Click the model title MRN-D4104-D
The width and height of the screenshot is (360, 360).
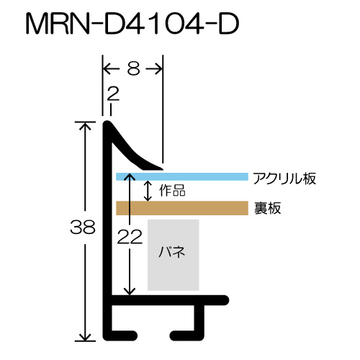click(132, 24)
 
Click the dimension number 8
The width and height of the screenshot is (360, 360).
click(133, 68)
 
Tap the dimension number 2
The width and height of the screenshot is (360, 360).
click(113, 94)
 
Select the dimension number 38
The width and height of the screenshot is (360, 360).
click(83, 227)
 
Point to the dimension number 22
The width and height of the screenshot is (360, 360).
click(130, 237)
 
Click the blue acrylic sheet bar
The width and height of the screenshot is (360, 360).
click(182, 176)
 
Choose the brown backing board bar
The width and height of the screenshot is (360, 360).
click(182, 208)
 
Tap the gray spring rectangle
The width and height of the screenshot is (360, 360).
click(174, 255)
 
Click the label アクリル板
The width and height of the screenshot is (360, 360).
click(284, 179)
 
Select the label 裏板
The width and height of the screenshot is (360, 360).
click(267, 208)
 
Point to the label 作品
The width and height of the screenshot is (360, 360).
click(172, 190)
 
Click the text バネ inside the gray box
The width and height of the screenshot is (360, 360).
click(172, 252)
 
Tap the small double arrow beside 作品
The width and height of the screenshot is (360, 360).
click(148, 191)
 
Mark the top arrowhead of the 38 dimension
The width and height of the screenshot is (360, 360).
click(85, 125)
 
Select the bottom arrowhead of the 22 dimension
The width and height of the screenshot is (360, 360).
click(130, 292)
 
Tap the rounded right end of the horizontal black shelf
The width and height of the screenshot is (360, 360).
click(225, 300)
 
